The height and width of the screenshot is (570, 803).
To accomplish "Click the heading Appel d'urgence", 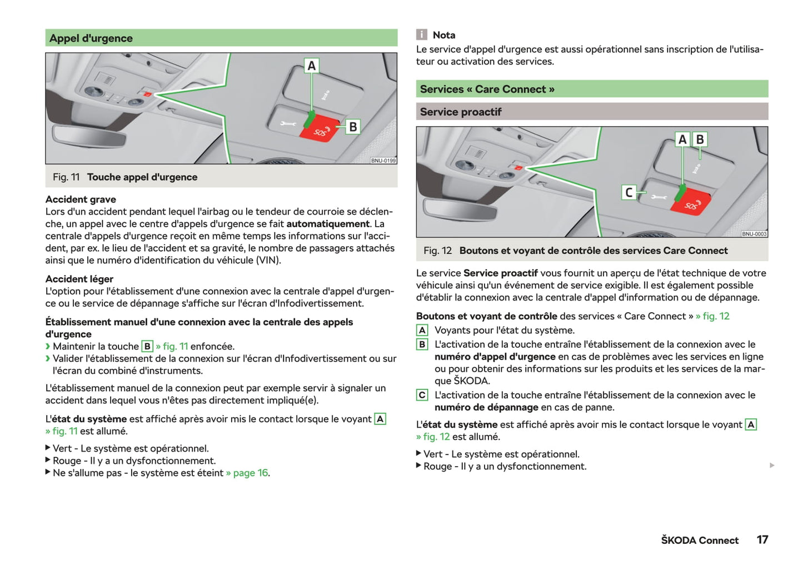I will click(x=91, y=38).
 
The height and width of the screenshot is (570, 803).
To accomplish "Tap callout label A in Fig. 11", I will click(x=312, y=66).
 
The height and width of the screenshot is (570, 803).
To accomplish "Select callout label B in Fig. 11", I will click(x=353, y=127).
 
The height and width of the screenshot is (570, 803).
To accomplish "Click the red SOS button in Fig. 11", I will click(x=321, y=130).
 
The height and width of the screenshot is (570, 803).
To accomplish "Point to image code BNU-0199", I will click(x=383, y=161).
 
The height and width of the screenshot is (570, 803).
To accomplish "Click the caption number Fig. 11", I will click(x=66, y=177).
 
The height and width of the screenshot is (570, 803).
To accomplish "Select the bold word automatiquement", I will click(x=328, y=224).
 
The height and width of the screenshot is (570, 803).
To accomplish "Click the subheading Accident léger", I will click(x=79, y=279).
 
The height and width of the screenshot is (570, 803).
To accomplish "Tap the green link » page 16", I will click(x=247, y=473).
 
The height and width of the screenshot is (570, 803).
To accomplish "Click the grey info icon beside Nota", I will click(x=422, y=35).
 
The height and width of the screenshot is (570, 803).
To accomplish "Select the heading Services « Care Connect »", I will click(x=487, y=89).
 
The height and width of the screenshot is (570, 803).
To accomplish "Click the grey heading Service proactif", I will click(x=461, y=112).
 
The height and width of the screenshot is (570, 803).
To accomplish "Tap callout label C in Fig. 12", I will click(x=629, y=192).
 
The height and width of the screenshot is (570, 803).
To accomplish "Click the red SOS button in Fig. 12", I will click(x=691, y=203).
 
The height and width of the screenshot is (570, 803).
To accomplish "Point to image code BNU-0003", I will click(x=754, y=234).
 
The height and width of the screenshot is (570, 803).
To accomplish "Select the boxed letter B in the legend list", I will click(x=422, y=344).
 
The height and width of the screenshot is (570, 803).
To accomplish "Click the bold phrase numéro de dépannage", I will click(x=486, y=407).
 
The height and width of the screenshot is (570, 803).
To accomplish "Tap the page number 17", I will click(x=762, y=540).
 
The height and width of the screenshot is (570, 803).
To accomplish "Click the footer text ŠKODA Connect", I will click(x=700, y=541).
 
